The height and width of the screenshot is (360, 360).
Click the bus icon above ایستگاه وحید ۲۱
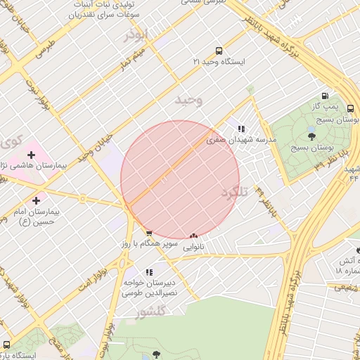(219, 51)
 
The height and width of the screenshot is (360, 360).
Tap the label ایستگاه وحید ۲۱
(219, 62)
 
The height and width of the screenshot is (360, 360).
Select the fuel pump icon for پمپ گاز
(324, 96)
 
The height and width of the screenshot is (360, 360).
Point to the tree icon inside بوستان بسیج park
(312, 136)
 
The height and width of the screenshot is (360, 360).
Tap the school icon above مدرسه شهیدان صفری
(241, 129)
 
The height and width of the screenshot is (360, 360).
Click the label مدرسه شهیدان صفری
(241, 140)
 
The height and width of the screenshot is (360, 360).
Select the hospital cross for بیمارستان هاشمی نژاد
(31, 155)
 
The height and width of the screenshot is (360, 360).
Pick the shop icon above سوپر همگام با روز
(148, 233)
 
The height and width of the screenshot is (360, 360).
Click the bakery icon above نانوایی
(193, 236)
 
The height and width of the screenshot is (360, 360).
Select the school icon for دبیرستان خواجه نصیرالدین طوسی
(148, 272)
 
